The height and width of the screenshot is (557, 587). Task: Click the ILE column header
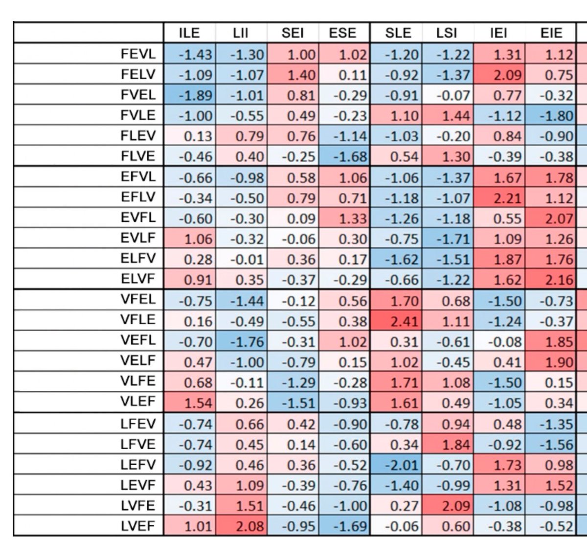[x=189, y=33]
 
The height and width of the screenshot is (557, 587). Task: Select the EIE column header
[x=551, y=33]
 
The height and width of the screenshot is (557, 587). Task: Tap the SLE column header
[x=398, y=33]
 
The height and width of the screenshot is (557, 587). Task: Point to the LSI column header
[x=447, y=33]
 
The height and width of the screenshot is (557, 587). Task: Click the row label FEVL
[x=138, y=54]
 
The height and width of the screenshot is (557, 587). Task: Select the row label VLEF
[x=138, y=401]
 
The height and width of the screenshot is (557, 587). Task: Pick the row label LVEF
[x=138, y=526]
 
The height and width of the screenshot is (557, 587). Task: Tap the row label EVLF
[x=138, y=238]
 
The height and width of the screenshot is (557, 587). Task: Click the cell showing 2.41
[x=396, y=320]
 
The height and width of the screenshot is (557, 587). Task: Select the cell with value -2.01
[x=396, y=464]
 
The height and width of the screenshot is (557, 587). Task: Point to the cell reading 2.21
[x=499, y=197]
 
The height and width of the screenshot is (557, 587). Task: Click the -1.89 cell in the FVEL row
[x=190, y=95]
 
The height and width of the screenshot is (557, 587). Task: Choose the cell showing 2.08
[x=241, y=526]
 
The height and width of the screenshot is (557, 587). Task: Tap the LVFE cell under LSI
[x=448, y=505]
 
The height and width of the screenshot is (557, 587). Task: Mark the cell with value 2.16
[x=551, y=279]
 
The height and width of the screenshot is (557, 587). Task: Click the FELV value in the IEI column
[x=499, y=74]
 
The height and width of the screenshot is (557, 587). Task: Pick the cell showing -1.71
[x=448, y=238]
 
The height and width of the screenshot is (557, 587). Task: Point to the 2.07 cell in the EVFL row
[x=551, y=218]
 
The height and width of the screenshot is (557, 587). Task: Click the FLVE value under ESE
[x=344, y=156]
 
